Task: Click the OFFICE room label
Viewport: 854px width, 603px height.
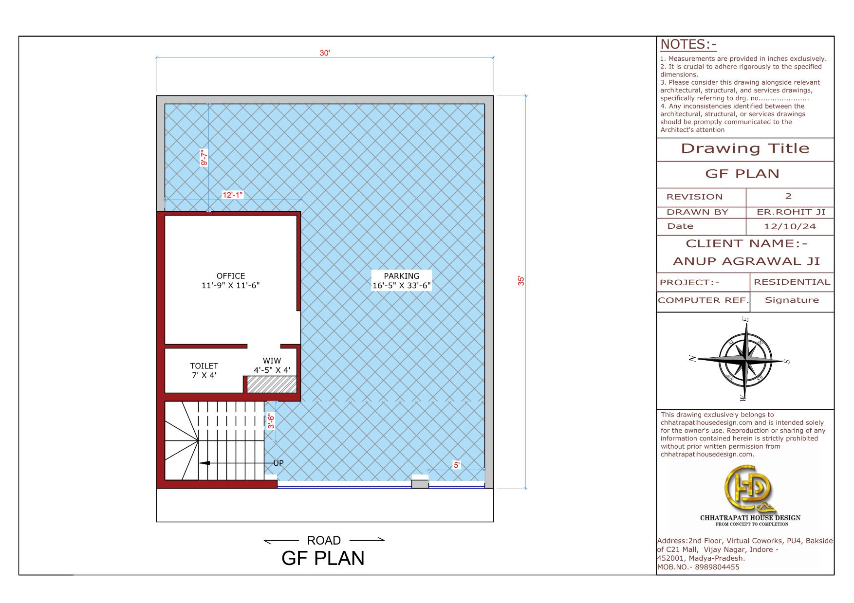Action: [x=231, y=276]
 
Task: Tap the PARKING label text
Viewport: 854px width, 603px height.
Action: [x=402, y=276]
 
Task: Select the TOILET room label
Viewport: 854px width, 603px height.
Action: [x=204, y=365]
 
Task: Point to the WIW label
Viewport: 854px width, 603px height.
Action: [x=272, y=361]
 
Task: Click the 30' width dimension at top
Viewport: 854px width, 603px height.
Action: [x=325, y=53]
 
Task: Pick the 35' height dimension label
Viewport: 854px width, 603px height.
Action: [x=521, y=281]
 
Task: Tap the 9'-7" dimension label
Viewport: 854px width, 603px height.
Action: [x=204, y=157]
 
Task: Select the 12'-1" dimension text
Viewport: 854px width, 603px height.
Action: [x=233, y=195]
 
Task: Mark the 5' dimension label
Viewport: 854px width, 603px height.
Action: [x=457, y=465]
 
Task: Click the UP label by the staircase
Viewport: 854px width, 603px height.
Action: [x=278, y=463]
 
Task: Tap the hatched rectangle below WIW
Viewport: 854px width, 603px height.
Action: [x=272, y=384]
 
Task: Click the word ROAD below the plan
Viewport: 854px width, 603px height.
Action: [x=324, y=540]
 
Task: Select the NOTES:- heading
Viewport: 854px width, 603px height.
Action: [x=688, y=44]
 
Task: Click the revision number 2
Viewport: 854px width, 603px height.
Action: [x=788, y=196]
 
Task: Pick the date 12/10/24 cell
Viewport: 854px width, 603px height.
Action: [x=790, y=226]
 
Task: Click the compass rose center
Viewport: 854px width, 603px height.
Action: [x=745, y=360]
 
